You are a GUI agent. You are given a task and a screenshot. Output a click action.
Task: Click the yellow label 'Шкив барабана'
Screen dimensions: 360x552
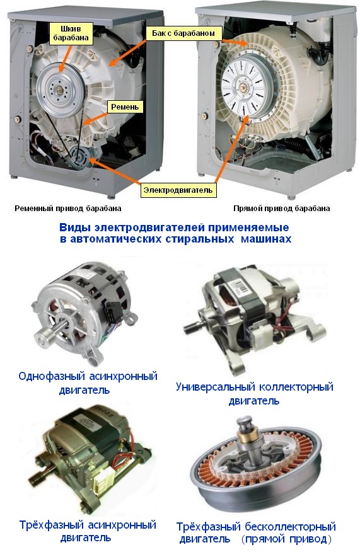click(71, 33)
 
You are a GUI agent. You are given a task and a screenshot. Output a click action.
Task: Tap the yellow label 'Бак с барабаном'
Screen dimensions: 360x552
click(183, 33)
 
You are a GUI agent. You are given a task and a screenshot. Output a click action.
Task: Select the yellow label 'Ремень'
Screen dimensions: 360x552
click(125, 106)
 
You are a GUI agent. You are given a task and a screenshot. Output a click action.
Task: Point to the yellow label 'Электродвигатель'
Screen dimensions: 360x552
click(178, 190)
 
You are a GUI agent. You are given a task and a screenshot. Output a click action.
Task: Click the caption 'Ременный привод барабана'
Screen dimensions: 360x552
click(68, 209)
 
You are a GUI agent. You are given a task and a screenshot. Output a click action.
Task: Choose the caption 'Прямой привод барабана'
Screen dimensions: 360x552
click(281, 209)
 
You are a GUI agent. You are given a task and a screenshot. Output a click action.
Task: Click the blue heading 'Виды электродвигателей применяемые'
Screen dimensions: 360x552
click(174, 227)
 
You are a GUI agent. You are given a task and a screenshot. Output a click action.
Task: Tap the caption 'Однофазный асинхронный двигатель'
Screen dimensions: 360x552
click(88, 383)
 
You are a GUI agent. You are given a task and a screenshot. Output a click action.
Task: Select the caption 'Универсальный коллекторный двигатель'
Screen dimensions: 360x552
click(254, 394)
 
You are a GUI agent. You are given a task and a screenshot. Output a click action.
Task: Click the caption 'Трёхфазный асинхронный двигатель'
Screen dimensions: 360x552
click(88, 531)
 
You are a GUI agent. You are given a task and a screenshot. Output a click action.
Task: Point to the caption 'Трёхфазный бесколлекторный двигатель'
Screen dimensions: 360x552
click(256, 532)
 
